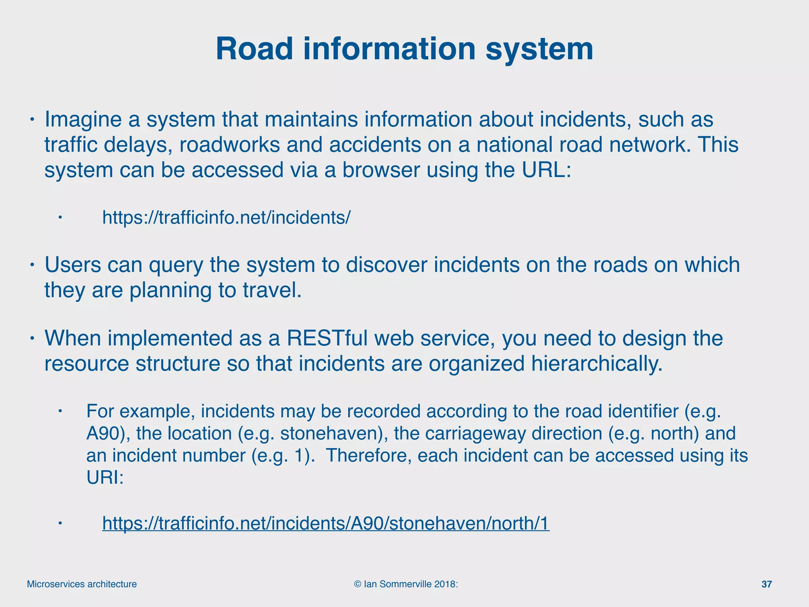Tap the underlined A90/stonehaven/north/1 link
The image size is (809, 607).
tap(325, 523)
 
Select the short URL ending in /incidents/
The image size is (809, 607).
tap(226, 217)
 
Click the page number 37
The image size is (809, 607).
tap(766, 584)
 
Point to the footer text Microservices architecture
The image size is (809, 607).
tap(82, 584)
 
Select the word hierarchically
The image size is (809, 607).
tap(596, 364)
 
